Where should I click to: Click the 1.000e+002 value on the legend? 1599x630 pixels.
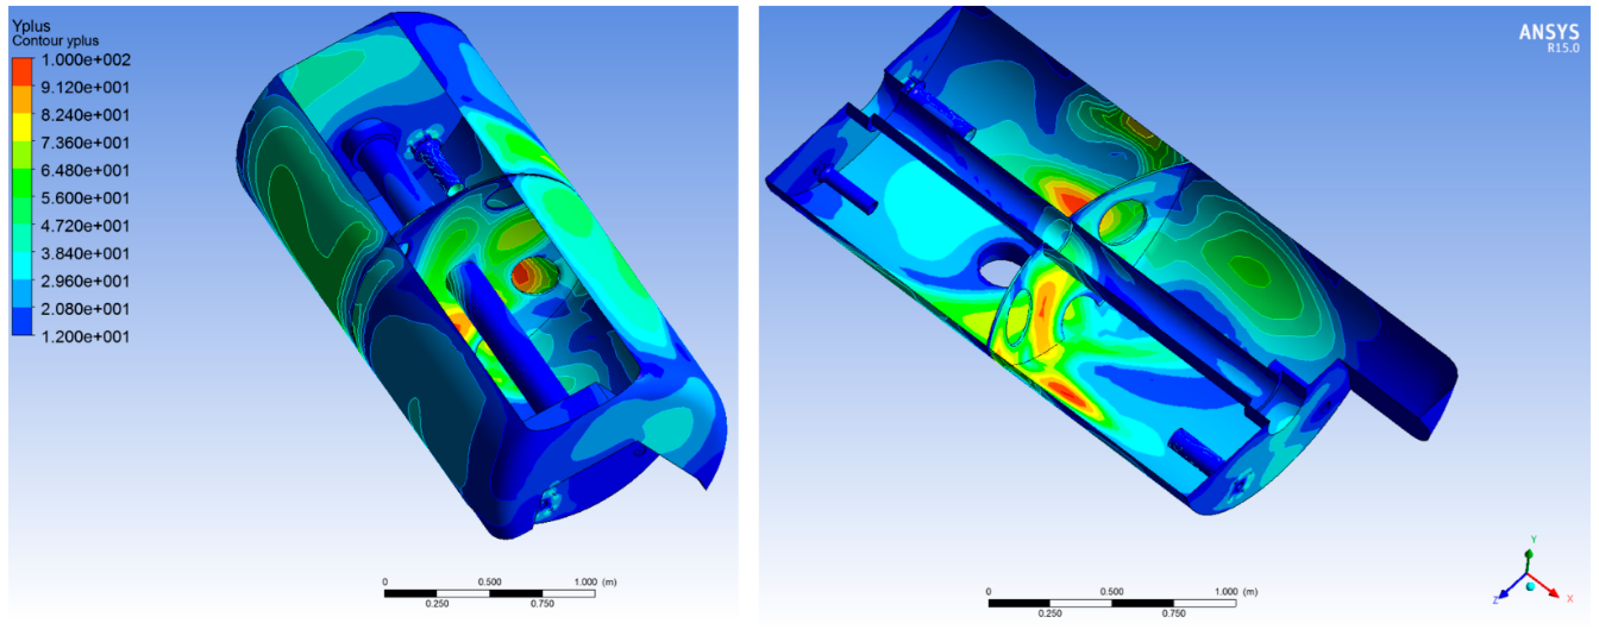coord(86,60)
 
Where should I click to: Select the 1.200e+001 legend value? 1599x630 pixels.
coord(86,337)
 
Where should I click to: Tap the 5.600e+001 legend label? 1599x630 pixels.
coord(86,199)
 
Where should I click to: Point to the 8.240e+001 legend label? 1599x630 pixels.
coord(86,115)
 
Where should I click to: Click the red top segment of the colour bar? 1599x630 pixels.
coord(22,71)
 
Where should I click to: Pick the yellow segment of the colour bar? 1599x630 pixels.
coord(22,127)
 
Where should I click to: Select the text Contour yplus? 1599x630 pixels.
coord(55,41)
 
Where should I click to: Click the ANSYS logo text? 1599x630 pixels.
coord(1549,32)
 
